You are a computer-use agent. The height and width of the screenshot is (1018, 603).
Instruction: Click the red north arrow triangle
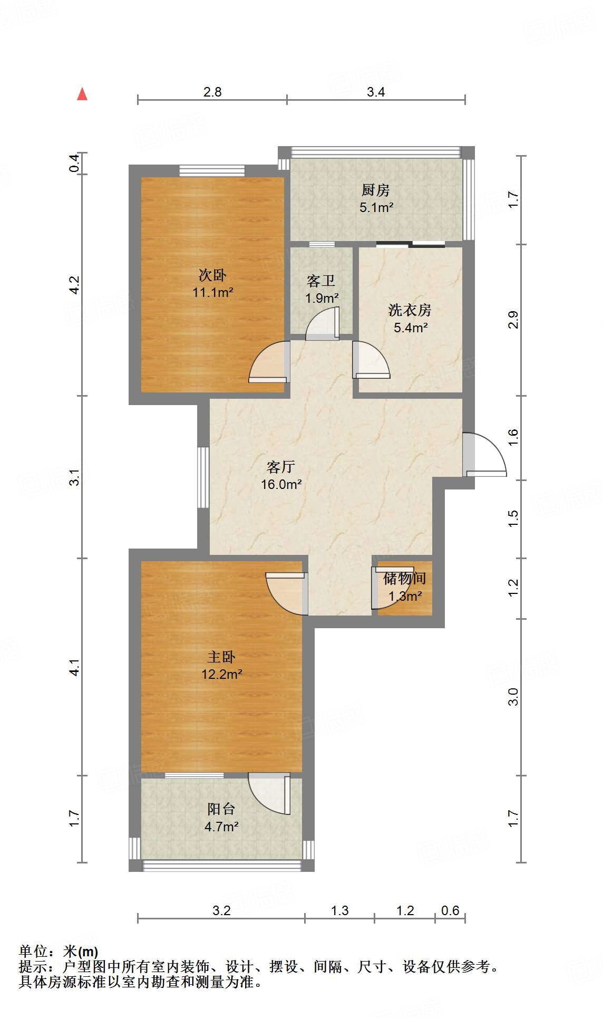[x=82, y=94]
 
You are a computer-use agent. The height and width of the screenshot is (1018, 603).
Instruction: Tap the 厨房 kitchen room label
[x=376, y=190]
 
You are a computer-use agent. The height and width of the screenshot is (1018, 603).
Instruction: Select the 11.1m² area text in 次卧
[x=213, y=292]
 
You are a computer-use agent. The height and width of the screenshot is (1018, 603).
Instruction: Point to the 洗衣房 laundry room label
[x=410, y=310]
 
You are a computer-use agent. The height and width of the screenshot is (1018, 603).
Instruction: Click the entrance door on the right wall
[x=484, y=455]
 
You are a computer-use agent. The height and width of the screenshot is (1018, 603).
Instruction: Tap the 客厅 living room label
[x=280, y=467]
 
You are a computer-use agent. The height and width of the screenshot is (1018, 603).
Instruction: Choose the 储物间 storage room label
[x=404, y=579]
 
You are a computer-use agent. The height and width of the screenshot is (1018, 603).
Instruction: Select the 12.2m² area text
[x=221, y=674]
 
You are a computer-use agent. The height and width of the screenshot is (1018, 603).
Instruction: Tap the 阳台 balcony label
[x=221, y=809]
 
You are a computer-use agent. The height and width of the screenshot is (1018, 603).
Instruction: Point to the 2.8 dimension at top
[x=212, y=92]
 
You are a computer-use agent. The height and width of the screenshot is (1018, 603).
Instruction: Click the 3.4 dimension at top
[x=376, y=92]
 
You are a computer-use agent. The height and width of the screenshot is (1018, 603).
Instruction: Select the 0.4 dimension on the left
[x=75, y=163]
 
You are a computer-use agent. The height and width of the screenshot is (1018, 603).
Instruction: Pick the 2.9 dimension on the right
[x=513, y=320]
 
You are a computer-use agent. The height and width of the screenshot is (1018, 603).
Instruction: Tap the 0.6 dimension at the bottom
[x=450, y=910]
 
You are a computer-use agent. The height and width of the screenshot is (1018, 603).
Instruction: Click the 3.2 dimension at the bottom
[x=221, y=910]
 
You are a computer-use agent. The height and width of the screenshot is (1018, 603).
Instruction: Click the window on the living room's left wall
[x=203, y=477]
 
